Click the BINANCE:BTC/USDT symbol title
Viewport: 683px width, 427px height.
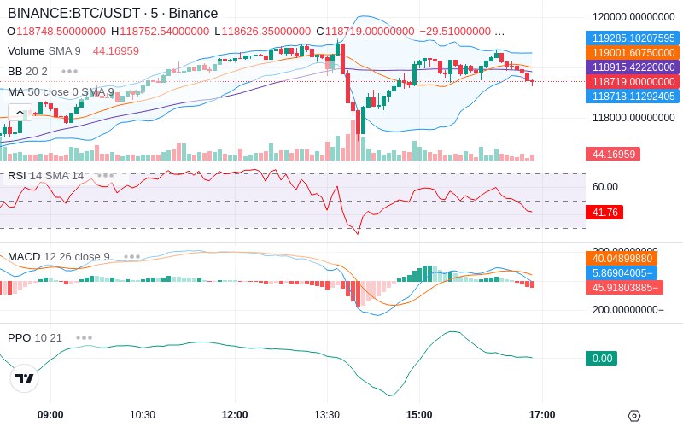74,13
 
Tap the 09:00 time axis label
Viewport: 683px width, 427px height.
50,415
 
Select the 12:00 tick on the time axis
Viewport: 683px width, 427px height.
235,415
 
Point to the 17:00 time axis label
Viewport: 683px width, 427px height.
542,415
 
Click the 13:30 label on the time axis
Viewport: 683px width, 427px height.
327,415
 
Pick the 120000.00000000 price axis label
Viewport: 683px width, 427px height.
633,17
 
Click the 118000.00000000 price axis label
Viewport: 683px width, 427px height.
633,118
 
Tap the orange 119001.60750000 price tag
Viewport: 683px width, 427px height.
633,53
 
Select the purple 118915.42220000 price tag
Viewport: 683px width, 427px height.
633,67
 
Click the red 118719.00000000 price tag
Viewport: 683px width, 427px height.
633,81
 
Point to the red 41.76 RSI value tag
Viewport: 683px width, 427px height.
604,212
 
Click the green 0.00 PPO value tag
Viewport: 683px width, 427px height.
602,358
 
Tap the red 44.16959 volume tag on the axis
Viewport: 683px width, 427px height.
613,154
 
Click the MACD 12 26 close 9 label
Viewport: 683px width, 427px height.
59,257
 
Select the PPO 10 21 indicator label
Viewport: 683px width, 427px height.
35,337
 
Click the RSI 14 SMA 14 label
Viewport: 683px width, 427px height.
46,176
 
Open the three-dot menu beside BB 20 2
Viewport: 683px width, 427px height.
70,71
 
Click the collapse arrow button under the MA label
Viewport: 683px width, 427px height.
20,113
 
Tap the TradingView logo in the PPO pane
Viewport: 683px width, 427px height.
25,378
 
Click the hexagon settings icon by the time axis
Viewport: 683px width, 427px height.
634,416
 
